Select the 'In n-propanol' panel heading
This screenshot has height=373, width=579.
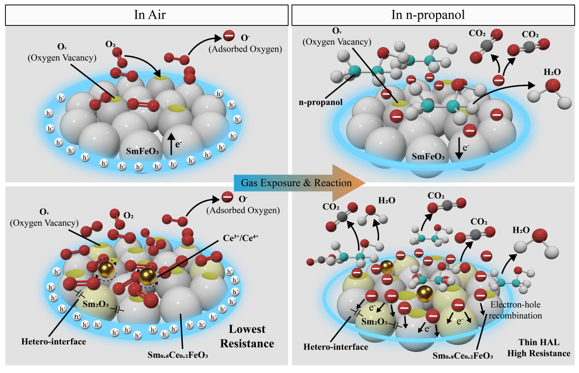(x=435, y=14)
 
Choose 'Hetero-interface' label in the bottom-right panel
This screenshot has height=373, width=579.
(x=343, y=347)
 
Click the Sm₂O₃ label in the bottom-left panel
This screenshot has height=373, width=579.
(x=96, y=304)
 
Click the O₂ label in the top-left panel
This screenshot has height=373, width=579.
(x=111, y=45)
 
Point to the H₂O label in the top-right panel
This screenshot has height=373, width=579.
(x=552, y=72)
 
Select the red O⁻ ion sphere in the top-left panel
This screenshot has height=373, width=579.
(x=229, y=36)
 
